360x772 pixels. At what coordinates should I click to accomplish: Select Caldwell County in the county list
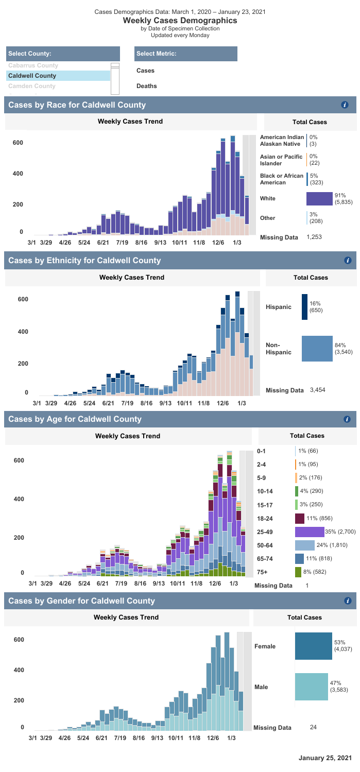point(32,76)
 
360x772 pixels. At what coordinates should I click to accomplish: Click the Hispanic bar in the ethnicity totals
point(304,307)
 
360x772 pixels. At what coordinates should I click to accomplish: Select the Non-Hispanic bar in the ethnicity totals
point(317,348)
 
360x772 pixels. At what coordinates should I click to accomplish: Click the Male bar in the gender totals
point(311,687)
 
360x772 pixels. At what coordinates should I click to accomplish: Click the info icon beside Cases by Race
point(345,105)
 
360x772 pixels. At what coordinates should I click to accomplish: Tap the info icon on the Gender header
point(348,601)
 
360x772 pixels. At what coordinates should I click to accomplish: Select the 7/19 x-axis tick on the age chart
point(121,584)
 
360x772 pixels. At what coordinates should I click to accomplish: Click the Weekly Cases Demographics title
point(180,21)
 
